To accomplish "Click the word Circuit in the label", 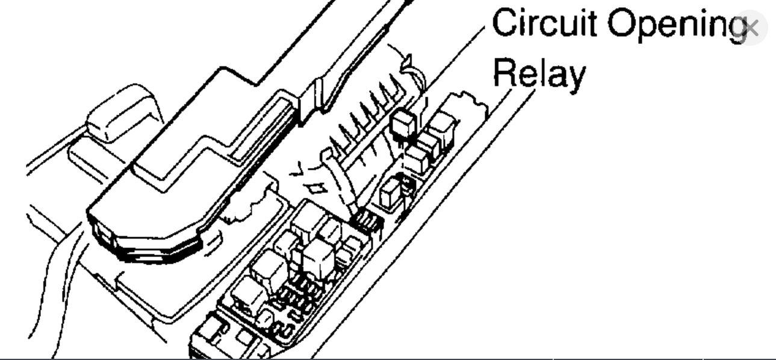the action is (x=545, y=24).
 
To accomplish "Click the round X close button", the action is (x=750, y=28).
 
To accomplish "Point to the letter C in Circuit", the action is (x=506, y=24).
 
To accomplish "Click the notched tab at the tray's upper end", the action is (x=470, y=102).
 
